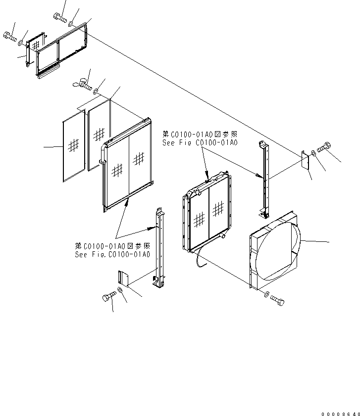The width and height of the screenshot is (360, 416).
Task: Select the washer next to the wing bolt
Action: coord(96,91)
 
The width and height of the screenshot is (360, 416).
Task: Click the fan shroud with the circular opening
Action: coord(275,252)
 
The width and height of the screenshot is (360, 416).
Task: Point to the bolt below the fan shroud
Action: coord(278,300)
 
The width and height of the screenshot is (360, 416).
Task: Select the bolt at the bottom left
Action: coord(108,297)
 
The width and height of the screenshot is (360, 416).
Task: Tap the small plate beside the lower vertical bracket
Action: coord(123,278)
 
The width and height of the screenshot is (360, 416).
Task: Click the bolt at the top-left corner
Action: coord(9,36)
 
